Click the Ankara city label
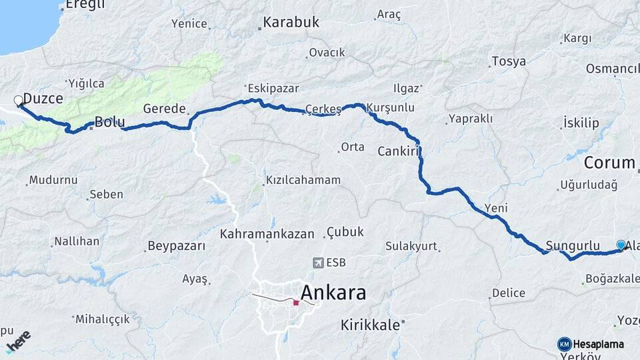point(333,292)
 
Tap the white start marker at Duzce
point(18,101)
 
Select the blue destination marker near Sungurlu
point(621,245)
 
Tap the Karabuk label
point(291,23)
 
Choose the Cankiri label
point(397,151)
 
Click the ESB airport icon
point(317,263)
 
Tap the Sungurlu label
point(573,245)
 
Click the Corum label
point(609,163)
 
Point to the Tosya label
point(509,62)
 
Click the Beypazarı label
point(176,246)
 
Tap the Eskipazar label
point(273,88)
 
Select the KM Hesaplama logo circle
point(565,344)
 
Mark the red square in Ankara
point(296,303)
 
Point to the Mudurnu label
point(53,180)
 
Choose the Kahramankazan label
point(267,234)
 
